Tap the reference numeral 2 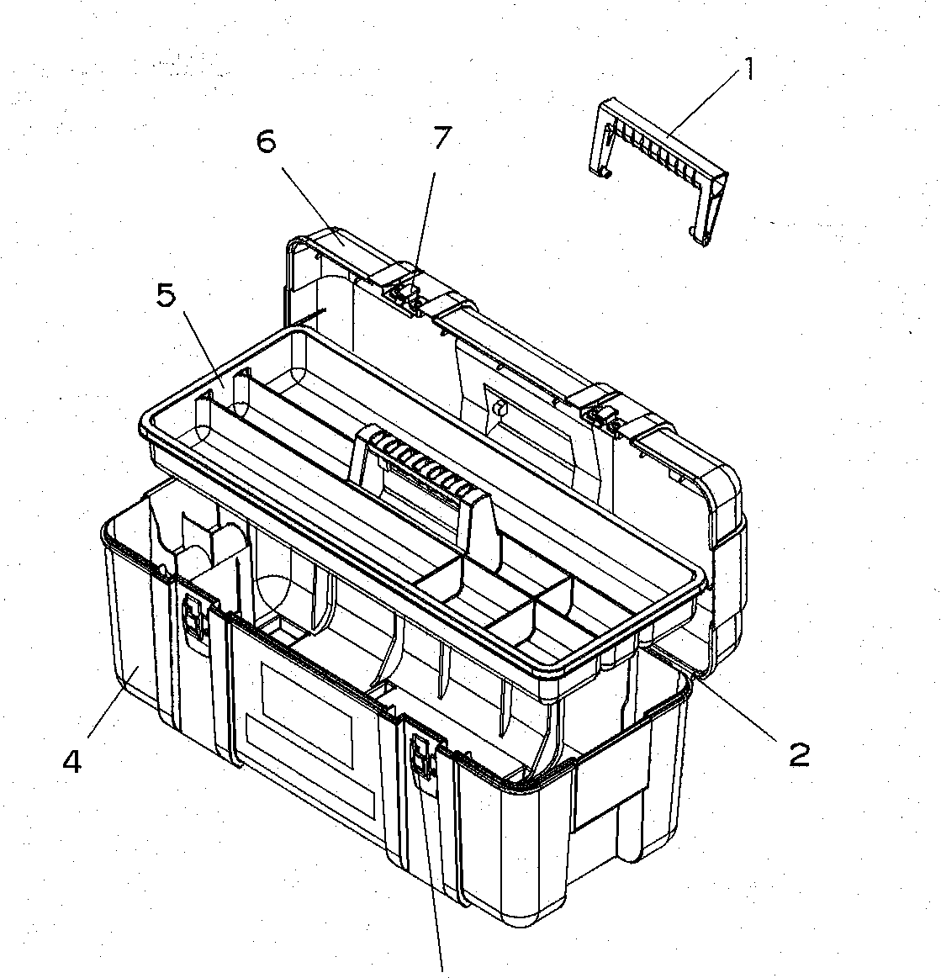tap(798, 753)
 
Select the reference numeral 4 tap(73, 762)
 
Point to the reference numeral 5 tap(165, 297)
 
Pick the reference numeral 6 tap(266, 142)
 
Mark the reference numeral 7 tap(441, 138)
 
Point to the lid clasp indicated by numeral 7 tap(404, 295)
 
